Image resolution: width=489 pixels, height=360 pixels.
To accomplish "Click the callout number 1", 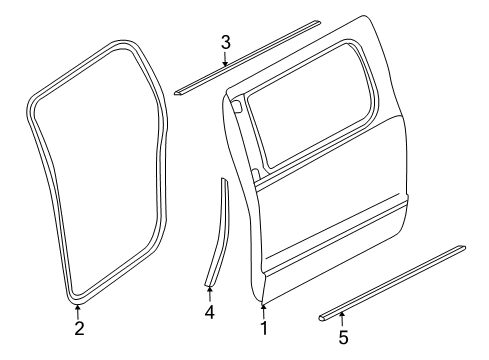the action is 264,326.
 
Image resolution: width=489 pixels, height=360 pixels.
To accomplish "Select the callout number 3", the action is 226,41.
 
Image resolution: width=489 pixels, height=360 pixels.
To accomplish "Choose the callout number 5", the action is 343,338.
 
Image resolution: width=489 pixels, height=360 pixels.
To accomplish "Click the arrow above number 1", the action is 264,308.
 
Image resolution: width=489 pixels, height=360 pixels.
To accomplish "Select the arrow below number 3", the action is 226,58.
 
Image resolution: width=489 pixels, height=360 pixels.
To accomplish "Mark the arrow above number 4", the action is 209,292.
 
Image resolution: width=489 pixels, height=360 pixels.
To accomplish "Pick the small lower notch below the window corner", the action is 256,177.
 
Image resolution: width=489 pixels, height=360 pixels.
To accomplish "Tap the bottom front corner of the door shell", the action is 263,297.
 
